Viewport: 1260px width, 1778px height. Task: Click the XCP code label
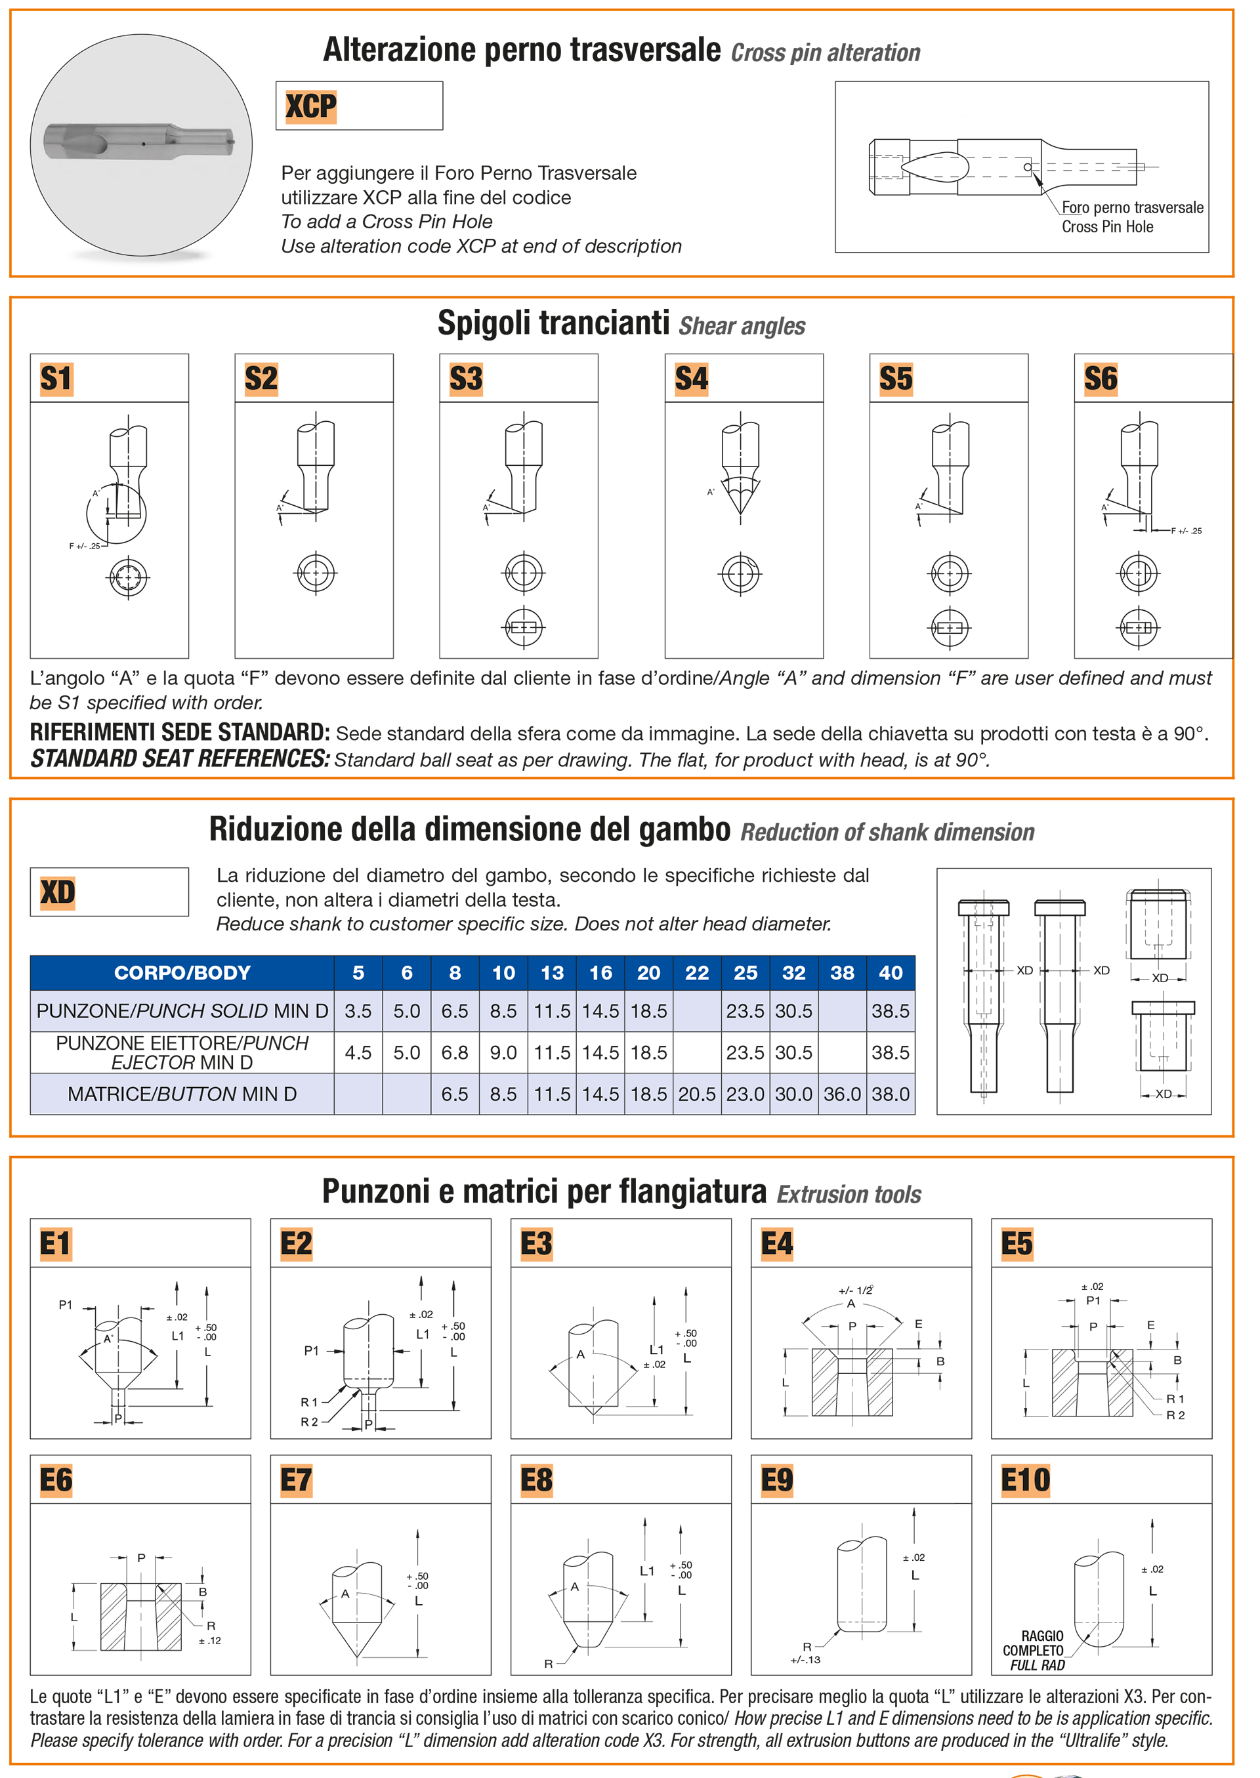point(310,106)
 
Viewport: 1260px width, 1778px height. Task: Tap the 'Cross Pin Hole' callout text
point(1107,227)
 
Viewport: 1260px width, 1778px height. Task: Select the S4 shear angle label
point(690,379)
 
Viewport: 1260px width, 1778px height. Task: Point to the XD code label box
point(109,892)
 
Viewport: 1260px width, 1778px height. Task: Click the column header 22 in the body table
point(697,973)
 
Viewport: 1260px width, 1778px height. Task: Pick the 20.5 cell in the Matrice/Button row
point(697,1094)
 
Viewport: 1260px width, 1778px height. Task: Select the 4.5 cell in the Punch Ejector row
point(358,1052)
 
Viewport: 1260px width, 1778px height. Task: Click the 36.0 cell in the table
point(842,1094)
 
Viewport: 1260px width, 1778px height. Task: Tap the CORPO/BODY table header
point(182,973)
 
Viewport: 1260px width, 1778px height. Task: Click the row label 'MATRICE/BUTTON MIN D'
point(182,1094)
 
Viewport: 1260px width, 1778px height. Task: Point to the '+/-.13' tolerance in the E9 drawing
point(805,1660)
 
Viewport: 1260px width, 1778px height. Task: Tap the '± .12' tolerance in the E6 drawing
point(209,1641)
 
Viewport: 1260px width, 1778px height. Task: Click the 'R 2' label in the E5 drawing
point(1175,1416)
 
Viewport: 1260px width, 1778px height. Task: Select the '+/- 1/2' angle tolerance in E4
point(855,1291)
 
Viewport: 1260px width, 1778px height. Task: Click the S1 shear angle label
point(56,379)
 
